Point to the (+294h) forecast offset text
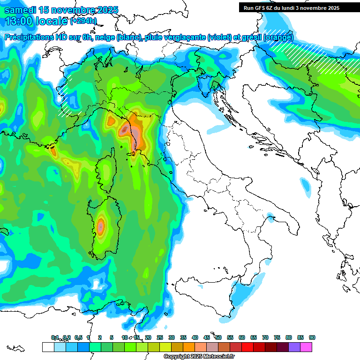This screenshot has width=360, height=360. pyautogui.click(x=84, y=21)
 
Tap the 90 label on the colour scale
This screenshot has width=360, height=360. pyautogui.click(x=312, y=337)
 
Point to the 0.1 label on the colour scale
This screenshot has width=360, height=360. pyautogui.click(x=54, y=337)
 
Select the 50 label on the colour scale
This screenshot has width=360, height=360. pyautogui.click(x=218, y=337)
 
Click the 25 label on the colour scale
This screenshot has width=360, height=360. pyautogui.click(x=160, y=337)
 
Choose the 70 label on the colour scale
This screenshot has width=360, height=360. pyautogui.click(x=265, y=337)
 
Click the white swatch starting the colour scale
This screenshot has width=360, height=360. pyautogui.click(x=48, y=347)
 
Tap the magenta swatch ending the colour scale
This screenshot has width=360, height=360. pyautogui.click(x=306, y=347)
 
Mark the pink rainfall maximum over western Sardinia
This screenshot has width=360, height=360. pyautogui.click(x=100, y=226)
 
